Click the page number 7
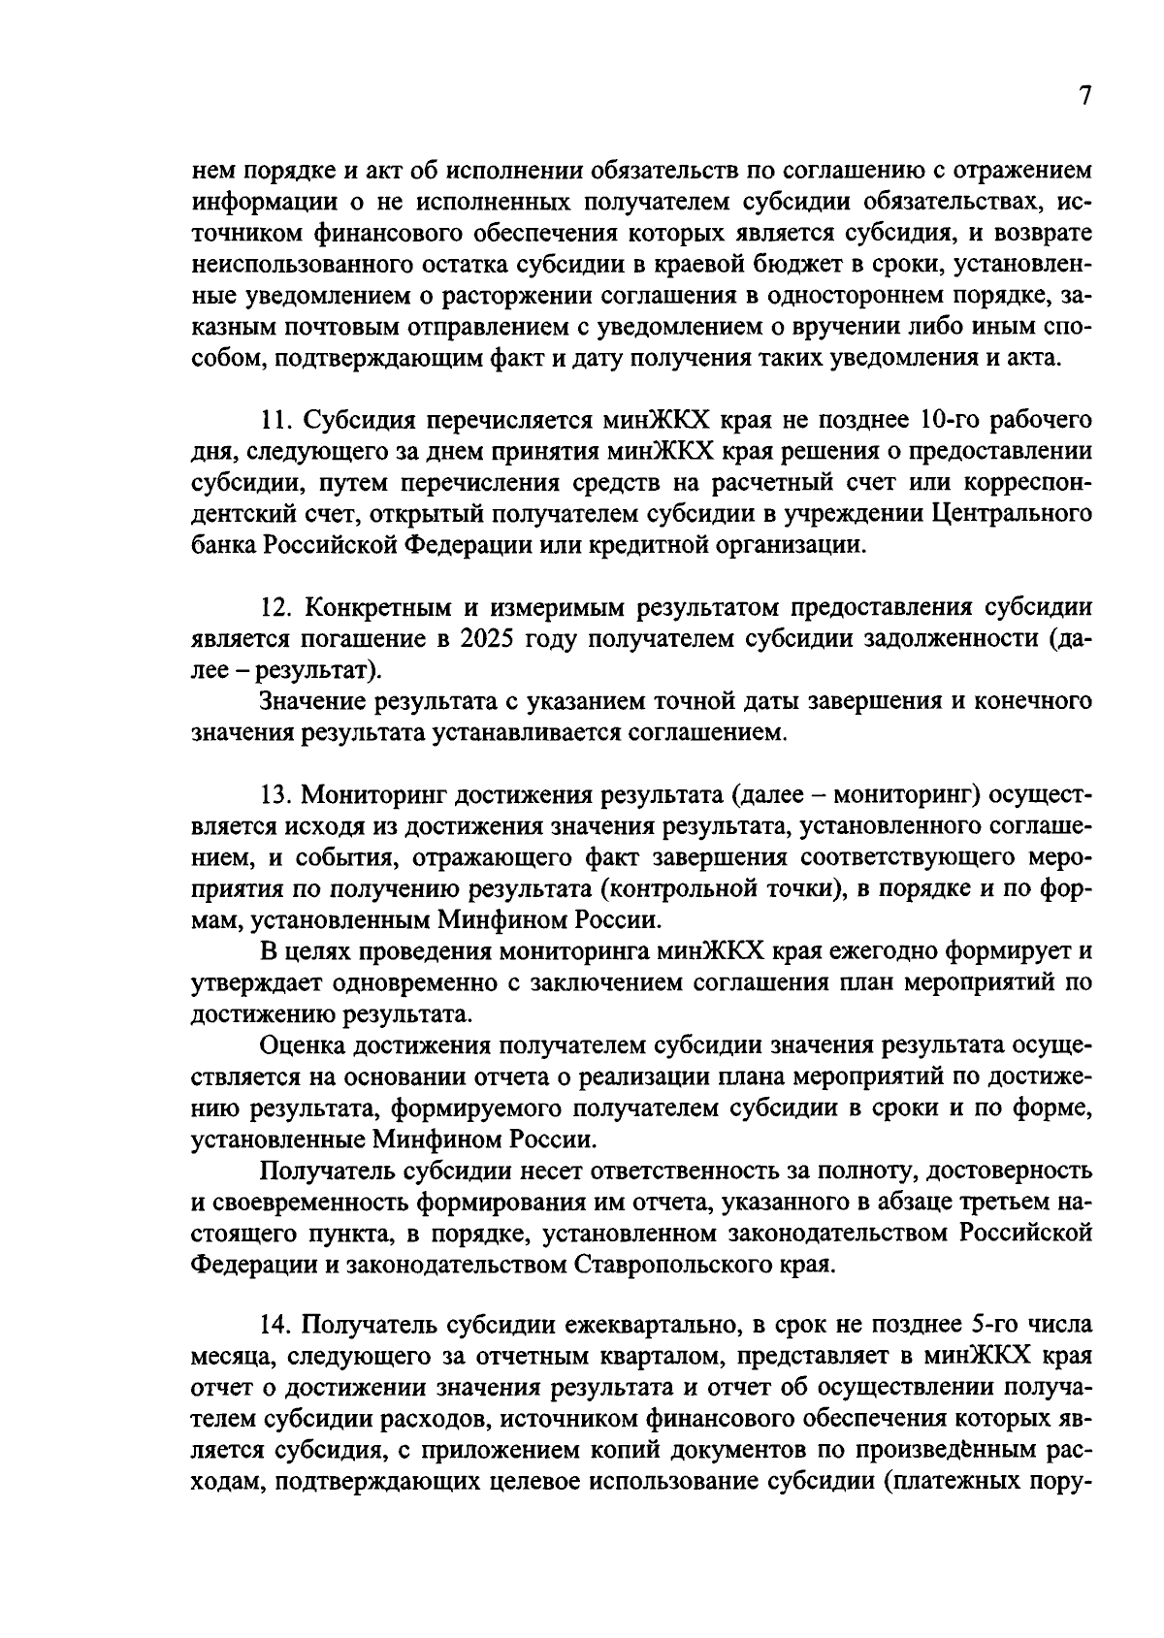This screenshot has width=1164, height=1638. coord(1084,96)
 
